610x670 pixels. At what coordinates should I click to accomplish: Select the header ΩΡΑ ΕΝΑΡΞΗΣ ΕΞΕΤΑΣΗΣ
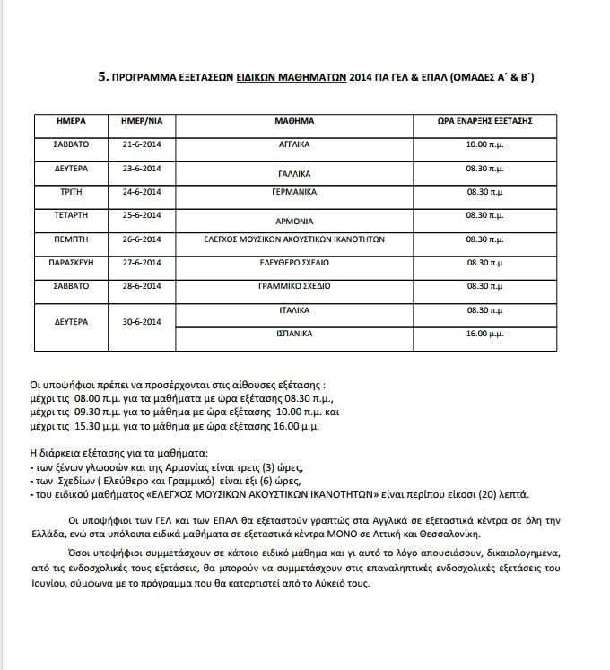[488, 119]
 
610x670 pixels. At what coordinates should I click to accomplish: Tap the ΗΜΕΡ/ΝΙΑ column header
[140, 119]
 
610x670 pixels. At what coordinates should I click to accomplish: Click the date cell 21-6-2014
[141, 144]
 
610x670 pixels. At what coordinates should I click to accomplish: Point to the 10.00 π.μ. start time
[489, 144]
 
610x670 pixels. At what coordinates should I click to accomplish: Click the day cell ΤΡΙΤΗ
[71, 191]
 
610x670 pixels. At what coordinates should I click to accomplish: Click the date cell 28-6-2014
[141, 285]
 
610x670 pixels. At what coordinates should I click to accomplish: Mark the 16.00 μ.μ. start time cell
[489, 333]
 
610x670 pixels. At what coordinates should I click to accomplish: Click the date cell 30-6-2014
[141, 321]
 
